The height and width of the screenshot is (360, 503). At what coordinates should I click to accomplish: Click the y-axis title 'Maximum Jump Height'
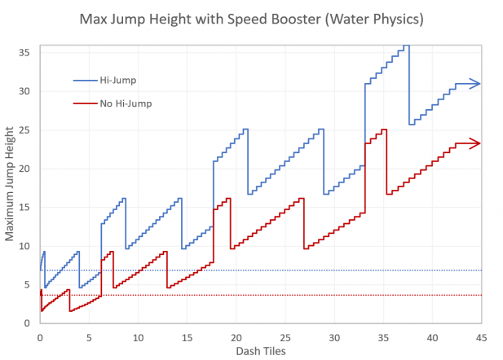[11, 183]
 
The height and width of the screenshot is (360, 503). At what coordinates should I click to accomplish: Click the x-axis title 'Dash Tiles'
[260, 351]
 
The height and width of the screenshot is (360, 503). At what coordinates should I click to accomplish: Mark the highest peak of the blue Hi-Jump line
[405, 46]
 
